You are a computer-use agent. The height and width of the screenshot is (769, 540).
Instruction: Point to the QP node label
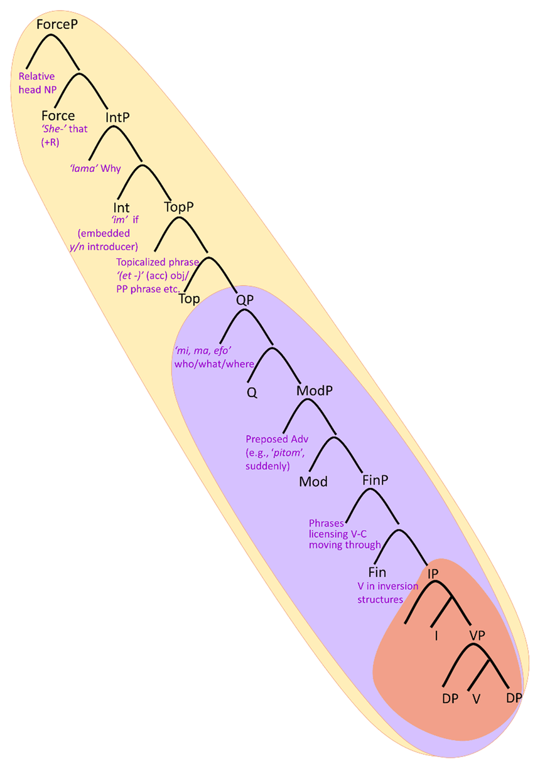pos(244,299)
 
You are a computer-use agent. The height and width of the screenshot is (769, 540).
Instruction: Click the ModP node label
pos(314,390)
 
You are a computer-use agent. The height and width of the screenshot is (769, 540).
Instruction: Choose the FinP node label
pos(375,480)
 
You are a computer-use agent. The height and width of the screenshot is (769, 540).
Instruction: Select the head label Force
pos(58,115)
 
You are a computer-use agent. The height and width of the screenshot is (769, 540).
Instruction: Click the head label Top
pos(190,299)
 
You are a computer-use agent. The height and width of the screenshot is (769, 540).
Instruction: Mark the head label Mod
pos(314,482)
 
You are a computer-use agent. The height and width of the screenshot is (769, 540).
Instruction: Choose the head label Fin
pos(377,572)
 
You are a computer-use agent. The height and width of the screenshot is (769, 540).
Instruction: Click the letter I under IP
pos(435,635)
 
